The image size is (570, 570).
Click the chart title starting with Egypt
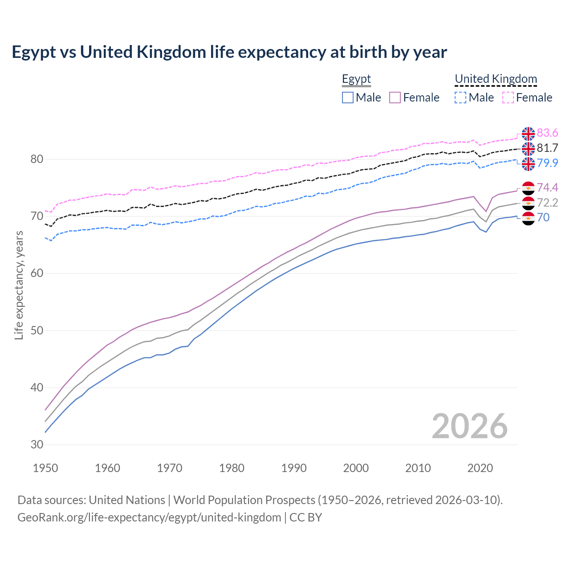coord(229,52)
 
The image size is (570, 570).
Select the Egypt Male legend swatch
coord(348,98)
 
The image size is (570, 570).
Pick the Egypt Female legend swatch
coord(395,98)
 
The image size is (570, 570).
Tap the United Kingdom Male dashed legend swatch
coord(460,98)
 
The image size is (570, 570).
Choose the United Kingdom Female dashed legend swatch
coord(508,98)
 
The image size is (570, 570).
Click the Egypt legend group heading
coord(356,79)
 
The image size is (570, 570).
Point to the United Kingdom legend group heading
coord(496,79)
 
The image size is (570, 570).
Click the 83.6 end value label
coord(547,133)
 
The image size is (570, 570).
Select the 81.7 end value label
coord(547,148)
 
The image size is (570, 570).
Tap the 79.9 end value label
coord(547,163)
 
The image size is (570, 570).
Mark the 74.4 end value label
coord(547,187)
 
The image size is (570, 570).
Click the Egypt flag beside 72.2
coord(528,203)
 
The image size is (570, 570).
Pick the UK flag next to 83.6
coord(528,134)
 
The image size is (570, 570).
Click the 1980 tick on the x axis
coord(232,468)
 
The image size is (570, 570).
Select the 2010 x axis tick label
coord(418,468)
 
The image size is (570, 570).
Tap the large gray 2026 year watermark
coord(469,426)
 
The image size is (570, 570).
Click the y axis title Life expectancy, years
coord(19,285)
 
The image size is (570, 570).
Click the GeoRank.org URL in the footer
coord(149,517)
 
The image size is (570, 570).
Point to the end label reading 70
coord(543,217)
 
